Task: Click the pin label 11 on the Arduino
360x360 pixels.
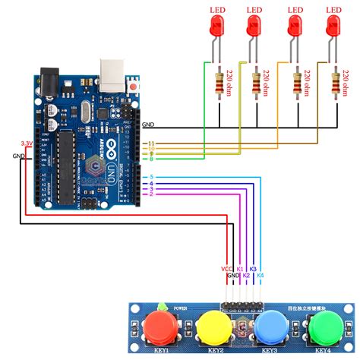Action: point(152,143)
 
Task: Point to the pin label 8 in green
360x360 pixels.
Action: point(152,159)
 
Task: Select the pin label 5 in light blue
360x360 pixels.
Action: point(152,178)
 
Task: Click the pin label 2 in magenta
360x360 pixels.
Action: point(152,195)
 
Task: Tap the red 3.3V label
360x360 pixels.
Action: point(27,143)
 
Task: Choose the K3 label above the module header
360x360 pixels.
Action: point(254,269)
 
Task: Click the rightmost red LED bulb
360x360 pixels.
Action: point(332,28)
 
